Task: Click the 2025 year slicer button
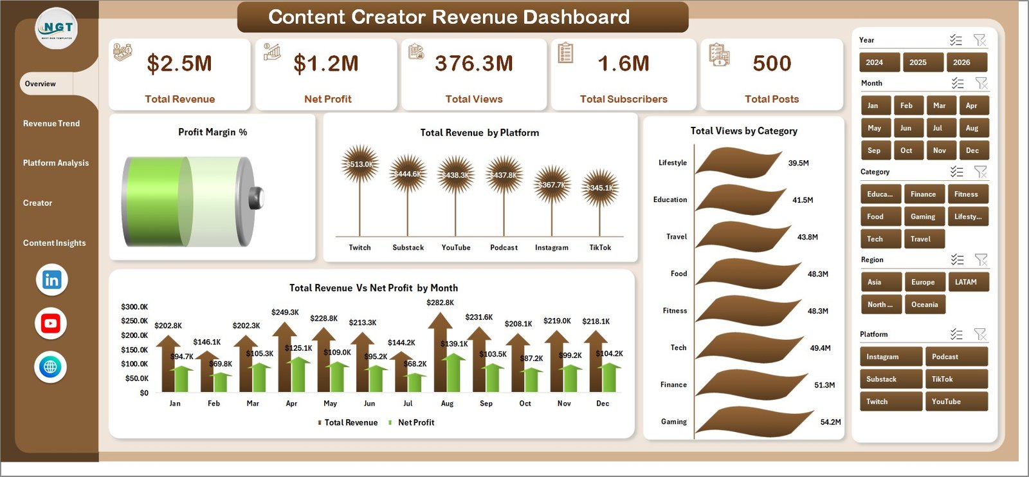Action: pos(918,62)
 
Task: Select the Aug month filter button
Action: pos(972,128)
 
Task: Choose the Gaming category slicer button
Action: pos(923,217)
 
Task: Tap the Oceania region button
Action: pos(924,304)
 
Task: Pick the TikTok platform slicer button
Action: pos(956,379)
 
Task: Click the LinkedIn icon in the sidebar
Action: pos(51,280)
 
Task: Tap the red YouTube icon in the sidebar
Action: pos(51,323)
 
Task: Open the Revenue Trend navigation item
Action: pos(51,124)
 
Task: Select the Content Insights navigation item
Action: pos(54,243)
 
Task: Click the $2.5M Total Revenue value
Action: pos(179,64)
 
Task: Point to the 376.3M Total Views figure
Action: pos(474,64)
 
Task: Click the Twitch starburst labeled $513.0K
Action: pos(360,164)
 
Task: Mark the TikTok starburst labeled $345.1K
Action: pos(600,188)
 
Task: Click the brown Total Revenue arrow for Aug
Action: pos(441,351)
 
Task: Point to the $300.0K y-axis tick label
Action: pos(134,307)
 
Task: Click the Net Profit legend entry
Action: pos(415,422)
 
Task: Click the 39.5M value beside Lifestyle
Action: pos(798,164)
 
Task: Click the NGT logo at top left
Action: pos(57,29)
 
